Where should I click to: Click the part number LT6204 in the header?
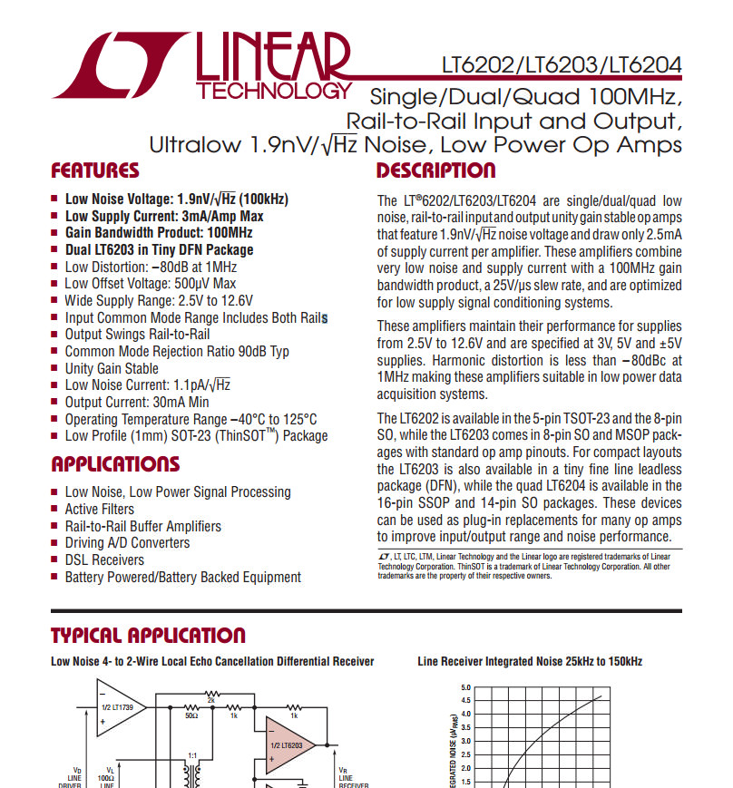pos(645,67)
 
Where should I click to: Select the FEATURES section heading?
pos(95,170)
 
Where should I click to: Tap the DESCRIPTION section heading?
pos(435,170)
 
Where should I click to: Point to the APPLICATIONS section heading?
pos(115,464)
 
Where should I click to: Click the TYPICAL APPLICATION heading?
pos(148,635)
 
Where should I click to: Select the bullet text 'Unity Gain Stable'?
pos(112,368)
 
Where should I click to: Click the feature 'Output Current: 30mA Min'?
pos(137,402)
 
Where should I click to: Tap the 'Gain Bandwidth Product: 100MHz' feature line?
pos(159,232)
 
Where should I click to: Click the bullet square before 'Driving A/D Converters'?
pos(55,543)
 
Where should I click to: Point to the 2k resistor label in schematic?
pos(210,699)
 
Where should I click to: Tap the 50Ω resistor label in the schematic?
pos(191,716)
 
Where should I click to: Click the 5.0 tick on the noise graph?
pos(466,687)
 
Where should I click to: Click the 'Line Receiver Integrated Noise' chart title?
pos(530,661)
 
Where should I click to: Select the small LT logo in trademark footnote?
pos(382,556)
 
